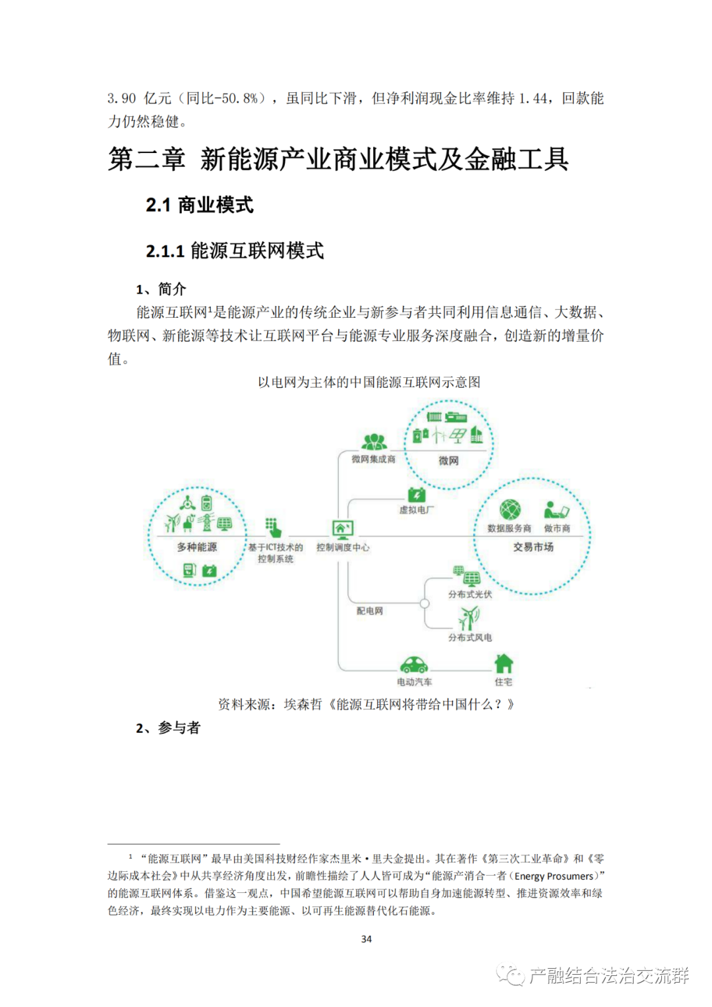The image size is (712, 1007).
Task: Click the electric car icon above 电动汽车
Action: (x=414, y=664)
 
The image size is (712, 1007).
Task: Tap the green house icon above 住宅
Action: (x=504, y=663)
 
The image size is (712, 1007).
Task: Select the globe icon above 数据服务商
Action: (x=510, y=510)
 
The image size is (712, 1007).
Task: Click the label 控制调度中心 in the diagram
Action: (x=343, y=547)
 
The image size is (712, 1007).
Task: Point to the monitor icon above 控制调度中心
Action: (x=343, y=528)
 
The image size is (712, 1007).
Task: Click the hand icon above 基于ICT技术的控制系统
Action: (x=274, y=528)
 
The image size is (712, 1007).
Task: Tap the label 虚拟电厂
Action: (x=416, y=510)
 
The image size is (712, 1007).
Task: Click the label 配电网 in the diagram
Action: (x=369, y=611)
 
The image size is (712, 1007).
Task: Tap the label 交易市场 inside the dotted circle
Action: (x=533, y=547)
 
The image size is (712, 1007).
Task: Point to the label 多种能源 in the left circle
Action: (x=196, y=547)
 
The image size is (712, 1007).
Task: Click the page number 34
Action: (x=367, y=938)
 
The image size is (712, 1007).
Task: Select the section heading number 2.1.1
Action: (x=165, y=251)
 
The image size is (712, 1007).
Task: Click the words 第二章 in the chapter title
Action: (x=146, y=160)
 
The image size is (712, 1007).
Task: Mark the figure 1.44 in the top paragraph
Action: (x=533, y=98)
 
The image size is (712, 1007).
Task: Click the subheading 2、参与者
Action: (x=167, y=727)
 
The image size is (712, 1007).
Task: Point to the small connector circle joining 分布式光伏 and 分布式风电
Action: (x=425, y=603)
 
